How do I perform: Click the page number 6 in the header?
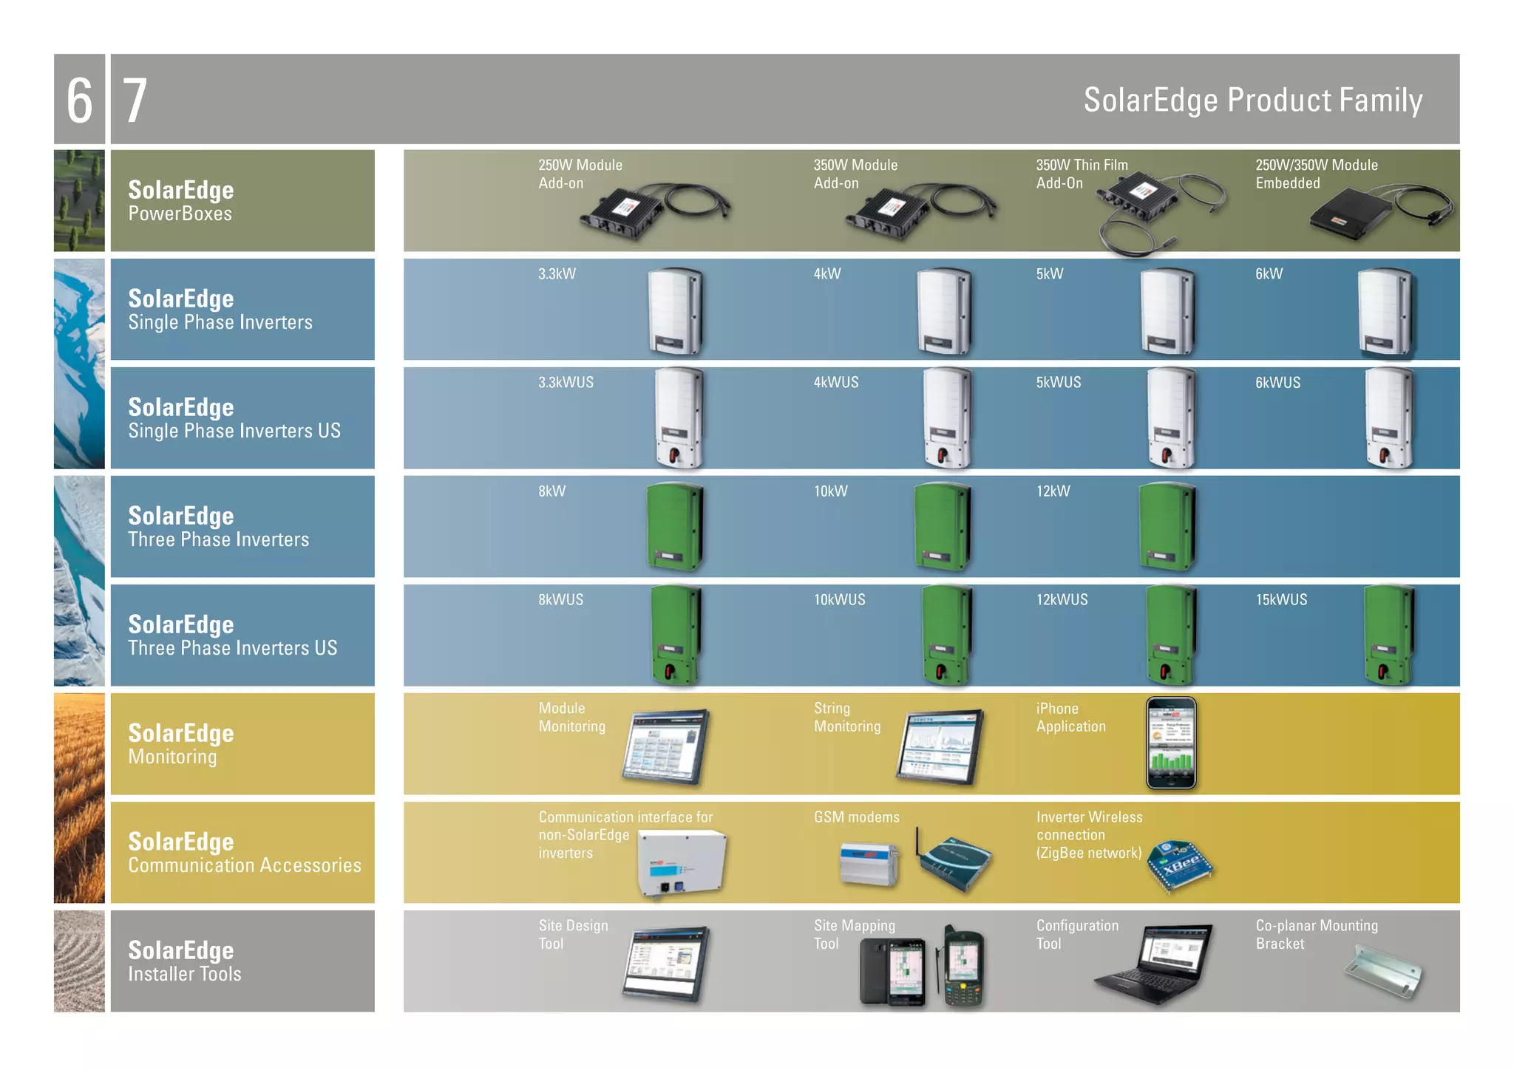coord(79,100)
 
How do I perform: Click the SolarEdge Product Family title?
coord(1252,100)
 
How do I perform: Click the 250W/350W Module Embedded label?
coord(1316,174)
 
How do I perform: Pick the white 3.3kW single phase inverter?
coord(675,310)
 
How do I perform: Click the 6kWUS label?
coord(1277,383)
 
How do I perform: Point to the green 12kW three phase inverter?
coord(1167,526)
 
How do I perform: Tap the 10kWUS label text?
coord(839,600)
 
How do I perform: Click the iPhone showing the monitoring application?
coord(1171,743)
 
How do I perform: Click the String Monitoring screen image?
coord(940,746)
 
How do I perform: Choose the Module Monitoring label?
coord(571,718)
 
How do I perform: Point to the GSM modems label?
coord(856,817)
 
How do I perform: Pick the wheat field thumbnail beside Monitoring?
coord(79,798)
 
